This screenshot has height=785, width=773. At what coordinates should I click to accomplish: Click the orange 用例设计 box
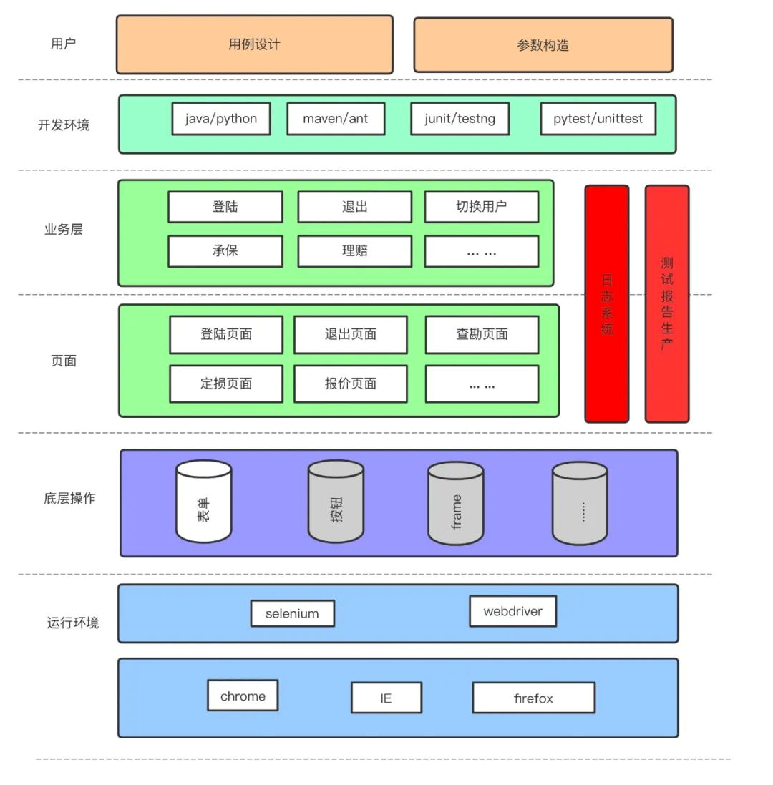254,44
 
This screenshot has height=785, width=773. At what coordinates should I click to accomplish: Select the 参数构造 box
543,45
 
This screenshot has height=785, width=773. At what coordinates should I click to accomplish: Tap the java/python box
220,119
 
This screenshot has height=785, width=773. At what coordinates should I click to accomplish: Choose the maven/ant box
336,119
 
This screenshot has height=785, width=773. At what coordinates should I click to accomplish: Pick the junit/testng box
460,119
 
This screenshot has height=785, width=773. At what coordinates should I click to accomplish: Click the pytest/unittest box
598,119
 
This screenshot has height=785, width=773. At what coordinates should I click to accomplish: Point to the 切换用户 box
481,207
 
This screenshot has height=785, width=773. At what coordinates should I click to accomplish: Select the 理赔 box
354,251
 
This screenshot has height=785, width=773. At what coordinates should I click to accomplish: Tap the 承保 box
225,251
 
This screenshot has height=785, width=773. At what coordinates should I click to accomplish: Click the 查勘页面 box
482,334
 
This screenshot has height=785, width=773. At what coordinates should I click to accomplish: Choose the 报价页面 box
350,384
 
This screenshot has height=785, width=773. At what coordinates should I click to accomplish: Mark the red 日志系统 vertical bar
606,304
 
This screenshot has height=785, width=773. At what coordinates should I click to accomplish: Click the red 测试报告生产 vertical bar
666,304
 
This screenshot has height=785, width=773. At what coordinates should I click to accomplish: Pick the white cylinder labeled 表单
204,502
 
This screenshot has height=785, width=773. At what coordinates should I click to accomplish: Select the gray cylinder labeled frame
455,503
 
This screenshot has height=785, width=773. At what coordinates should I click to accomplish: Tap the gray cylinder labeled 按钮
336,502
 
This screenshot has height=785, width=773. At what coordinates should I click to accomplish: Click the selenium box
292,613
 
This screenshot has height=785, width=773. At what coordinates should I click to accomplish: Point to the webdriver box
512,611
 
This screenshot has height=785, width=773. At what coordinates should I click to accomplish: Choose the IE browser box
386,698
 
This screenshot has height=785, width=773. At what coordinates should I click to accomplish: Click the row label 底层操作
69,498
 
